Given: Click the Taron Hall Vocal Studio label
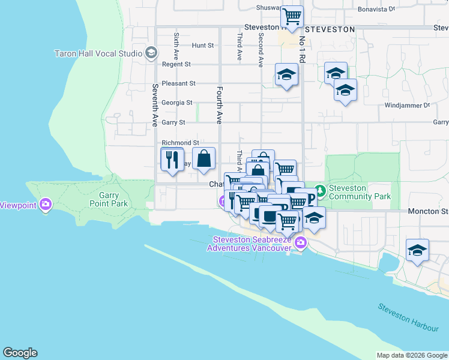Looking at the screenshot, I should click(x=97, y=53).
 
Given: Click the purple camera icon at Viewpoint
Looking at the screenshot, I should click(x=46, y=205).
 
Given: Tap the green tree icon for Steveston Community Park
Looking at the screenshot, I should click(x=321, y=191).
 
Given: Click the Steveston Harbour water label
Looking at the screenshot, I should click(x=408, y=317).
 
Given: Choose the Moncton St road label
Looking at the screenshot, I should click(x=428, y=212).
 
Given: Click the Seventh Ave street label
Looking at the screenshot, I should click(x=155, y=105).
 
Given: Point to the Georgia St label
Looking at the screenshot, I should click(x=177, y=103).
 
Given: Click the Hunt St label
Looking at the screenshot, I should click(x=203, y=46).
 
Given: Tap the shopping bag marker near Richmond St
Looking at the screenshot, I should click(x=204, y=159).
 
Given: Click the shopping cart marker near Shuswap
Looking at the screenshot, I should click(x=292, y=17).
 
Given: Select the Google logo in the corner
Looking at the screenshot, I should click(x=20, y=353).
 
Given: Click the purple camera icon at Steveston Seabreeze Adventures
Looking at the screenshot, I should click(x=300, y=243).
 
